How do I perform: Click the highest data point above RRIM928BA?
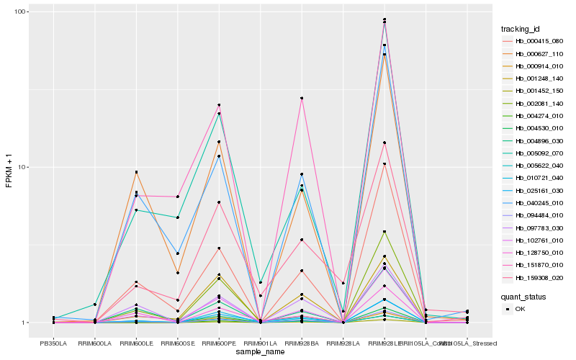[302, 98]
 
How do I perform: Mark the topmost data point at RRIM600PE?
[219, 105]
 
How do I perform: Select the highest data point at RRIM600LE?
[136, 172]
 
